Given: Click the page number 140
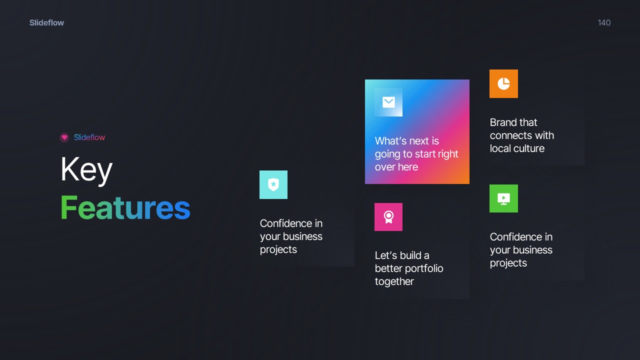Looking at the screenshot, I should coord(604,22).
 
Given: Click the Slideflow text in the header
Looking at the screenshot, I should coord(46,22).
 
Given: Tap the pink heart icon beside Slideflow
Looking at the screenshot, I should coord(64,137).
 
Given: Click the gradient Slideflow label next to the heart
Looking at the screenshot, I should coord(89,137).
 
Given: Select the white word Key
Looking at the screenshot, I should coord(86,170).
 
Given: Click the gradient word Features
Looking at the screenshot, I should coord(125,207).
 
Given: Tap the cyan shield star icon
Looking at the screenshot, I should coord(273,184).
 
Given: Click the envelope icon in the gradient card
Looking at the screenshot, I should coord(388,102).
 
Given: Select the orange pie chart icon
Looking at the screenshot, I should coord(503,83).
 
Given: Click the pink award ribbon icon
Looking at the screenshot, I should coord(388,217).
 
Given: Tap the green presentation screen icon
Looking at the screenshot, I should coord(503,198).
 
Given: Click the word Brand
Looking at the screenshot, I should coord(503,122).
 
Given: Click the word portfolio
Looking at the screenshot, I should coord(424,268).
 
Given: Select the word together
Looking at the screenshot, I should coord(394,281).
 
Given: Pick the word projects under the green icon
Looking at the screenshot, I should coord(508,263).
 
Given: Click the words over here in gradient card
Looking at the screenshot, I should coord(396,167).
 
